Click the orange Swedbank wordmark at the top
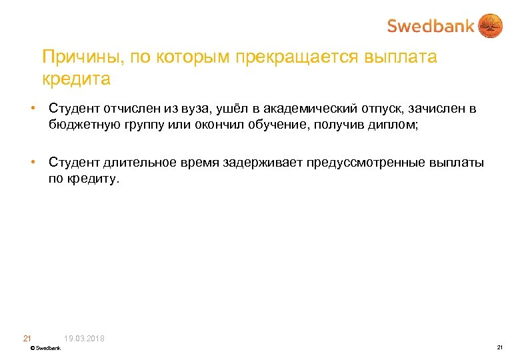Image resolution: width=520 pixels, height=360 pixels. (x=431, y=26)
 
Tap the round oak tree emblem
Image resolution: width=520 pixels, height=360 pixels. (x=491, y=26)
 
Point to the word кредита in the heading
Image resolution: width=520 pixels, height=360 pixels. (x=76, y=79)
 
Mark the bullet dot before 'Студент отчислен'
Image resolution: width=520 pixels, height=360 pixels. (x=32, y=109)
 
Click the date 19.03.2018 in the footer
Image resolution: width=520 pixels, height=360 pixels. (x=85, y=339)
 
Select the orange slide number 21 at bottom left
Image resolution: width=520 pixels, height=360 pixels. (x=27, y=339)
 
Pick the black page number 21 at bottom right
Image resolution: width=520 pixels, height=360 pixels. (x=499, y=348)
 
